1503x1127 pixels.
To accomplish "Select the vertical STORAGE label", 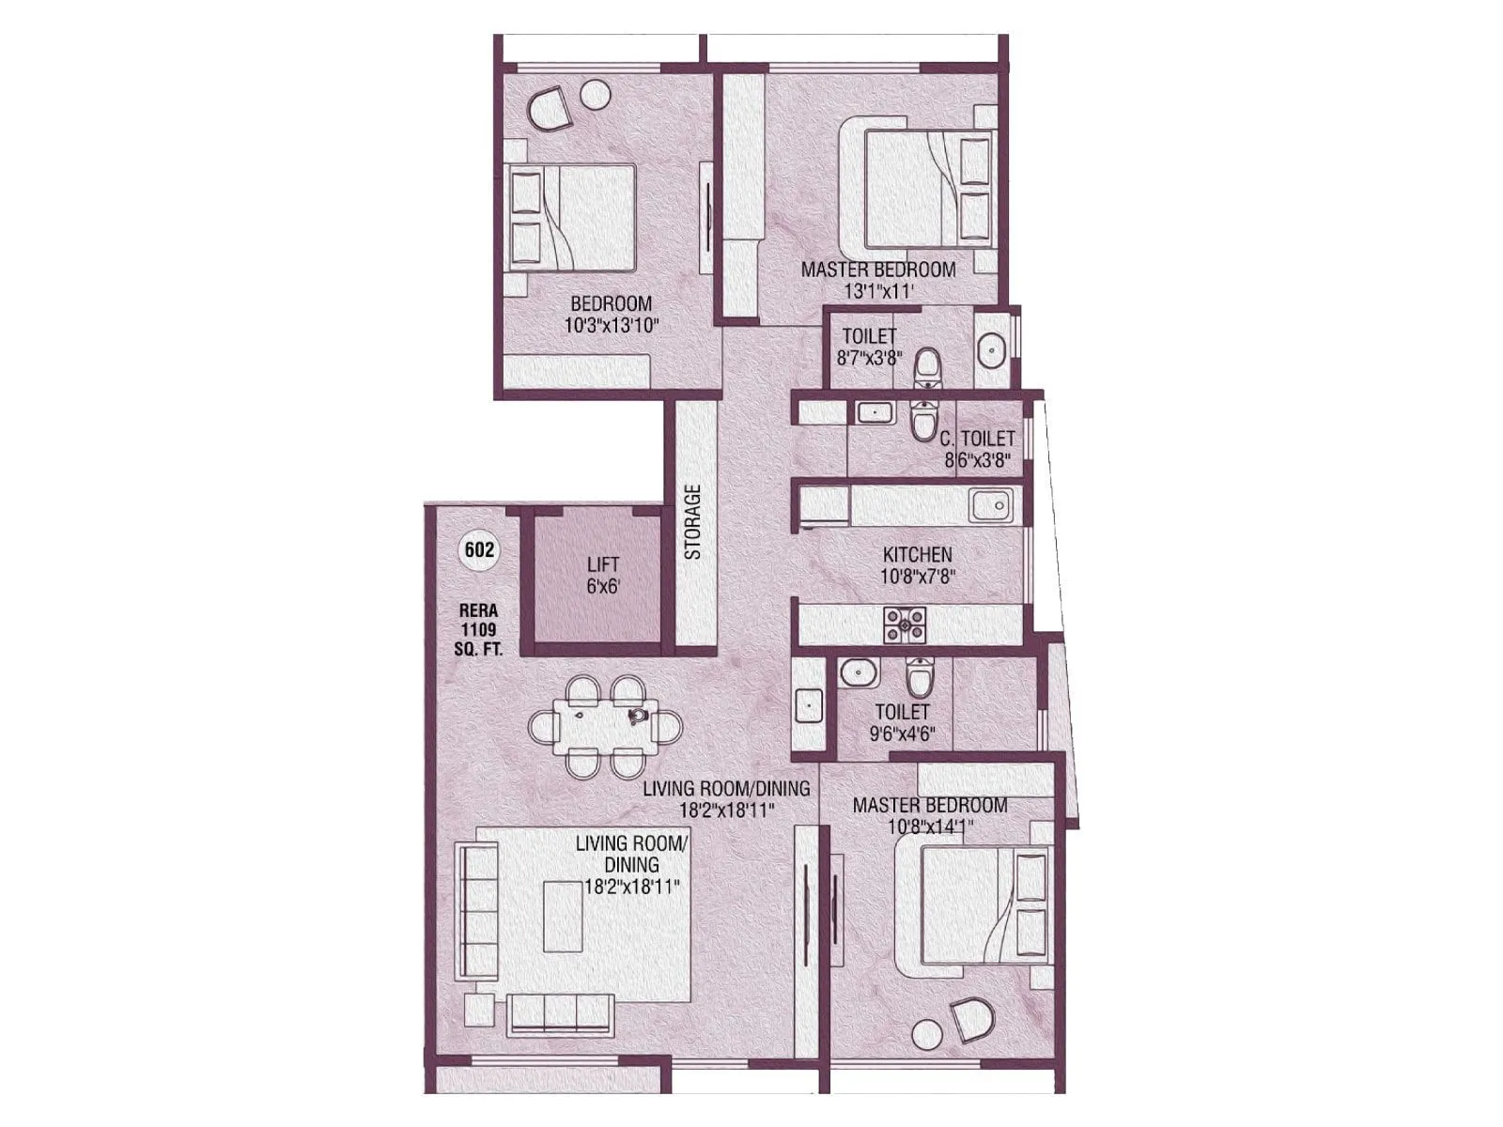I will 693,521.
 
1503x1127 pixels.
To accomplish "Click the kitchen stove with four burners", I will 904,625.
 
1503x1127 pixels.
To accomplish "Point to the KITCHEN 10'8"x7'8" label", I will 917,565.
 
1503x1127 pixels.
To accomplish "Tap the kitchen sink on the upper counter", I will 991,505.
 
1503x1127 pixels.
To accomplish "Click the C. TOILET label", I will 977,439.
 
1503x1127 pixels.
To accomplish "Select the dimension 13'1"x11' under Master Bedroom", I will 878,292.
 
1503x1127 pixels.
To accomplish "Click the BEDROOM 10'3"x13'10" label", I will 611,315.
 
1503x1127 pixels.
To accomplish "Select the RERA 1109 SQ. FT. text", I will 478,629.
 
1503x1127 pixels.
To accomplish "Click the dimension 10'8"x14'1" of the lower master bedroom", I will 930,827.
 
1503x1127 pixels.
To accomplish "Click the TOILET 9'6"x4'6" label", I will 902,722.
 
